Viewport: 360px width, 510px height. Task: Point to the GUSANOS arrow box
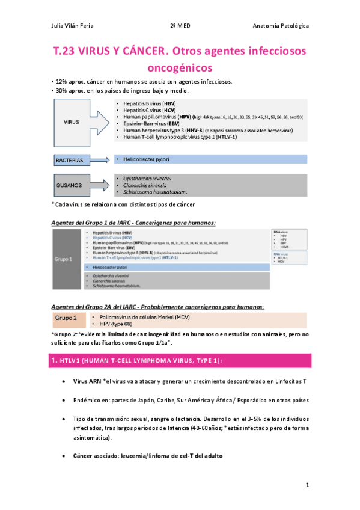tap(73, 186)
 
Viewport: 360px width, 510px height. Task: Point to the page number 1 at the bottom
tap(307, 485)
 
